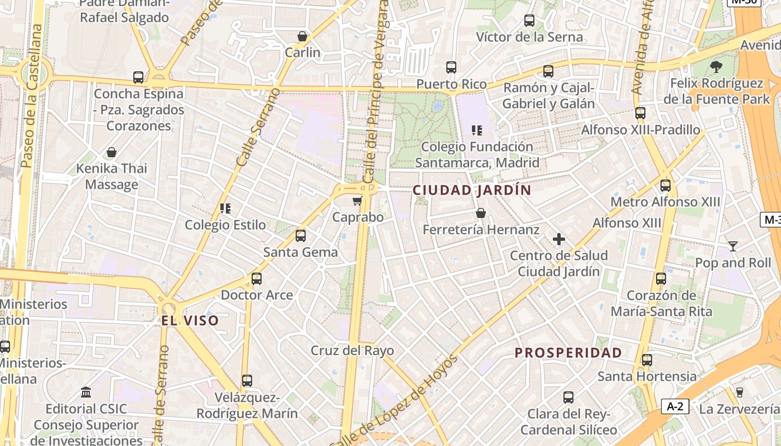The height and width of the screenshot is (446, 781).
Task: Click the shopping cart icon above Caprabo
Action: pos(357,201)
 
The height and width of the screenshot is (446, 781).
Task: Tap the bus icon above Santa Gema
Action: pos(301,236)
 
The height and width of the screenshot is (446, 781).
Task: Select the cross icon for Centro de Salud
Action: pos(558,240)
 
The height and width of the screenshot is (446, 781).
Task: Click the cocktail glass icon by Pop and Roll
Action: pos(732,246)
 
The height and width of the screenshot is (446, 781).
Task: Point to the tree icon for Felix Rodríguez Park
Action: pos(716,67)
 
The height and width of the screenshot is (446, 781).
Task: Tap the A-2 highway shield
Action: pos(675,406)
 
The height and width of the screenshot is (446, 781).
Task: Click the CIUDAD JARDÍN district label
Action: pos(472,190)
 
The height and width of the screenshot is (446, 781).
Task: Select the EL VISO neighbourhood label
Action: pos(190,321)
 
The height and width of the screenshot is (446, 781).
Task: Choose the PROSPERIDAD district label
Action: pos(568,353)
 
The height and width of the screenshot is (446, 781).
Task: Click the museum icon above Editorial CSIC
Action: pos(86,392)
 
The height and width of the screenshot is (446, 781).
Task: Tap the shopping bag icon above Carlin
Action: pos(302,37)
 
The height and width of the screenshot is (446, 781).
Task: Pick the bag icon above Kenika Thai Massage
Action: pos(112,152)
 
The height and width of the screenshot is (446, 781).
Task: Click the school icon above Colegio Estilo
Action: pos(225,209)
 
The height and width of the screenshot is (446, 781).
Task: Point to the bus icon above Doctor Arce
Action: pos(257,278)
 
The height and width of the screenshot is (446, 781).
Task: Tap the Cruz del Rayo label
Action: pos(352,351)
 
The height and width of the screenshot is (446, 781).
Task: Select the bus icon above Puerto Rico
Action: pos(451,68)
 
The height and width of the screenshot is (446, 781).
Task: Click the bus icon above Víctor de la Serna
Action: pos(529,21)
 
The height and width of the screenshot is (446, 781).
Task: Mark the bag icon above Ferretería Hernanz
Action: pos(481,213)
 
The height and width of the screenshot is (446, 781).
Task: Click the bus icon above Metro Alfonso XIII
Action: pos(666,186)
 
